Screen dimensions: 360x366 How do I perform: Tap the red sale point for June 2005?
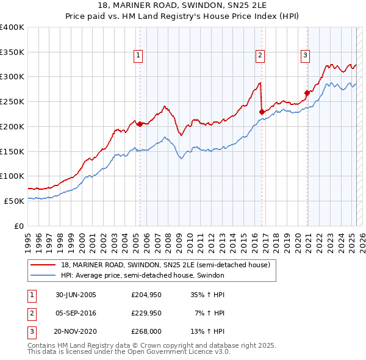click(140, 124)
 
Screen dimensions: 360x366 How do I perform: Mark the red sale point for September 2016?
click(262, 112)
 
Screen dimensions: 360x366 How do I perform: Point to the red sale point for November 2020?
click(307, 93)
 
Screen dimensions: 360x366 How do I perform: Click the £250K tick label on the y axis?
click(12, 101)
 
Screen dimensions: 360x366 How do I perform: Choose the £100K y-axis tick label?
click(12, 176)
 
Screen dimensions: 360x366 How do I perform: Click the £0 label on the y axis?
click(18, 226)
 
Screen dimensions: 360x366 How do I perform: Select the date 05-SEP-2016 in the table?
click(76, 313)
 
